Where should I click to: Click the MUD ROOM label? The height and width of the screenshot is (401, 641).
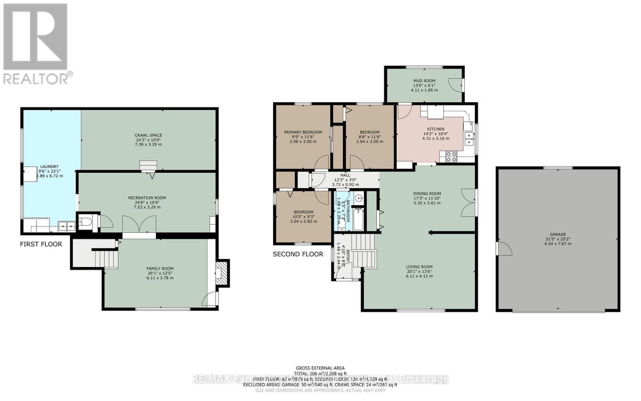coord(424,81)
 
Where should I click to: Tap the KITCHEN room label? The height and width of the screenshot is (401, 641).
coord(435,129)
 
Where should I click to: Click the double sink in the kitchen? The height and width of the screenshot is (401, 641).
coord(468,138)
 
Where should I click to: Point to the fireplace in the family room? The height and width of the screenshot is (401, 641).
coord(222,273)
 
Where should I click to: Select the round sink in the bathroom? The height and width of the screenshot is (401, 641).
coord(359,198)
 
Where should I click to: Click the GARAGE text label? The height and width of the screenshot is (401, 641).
coord(558,234)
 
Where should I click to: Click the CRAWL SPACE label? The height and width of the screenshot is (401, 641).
coord(148,135)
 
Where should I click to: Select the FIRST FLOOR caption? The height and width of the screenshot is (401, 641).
coord(41,244)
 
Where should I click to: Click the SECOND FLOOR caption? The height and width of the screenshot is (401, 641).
coord(298,254)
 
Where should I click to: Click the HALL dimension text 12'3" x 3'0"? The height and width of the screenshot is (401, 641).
coord(345,180)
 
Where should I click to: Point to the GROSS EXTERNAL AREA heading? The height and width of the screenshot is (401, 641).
coord(320,368)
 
